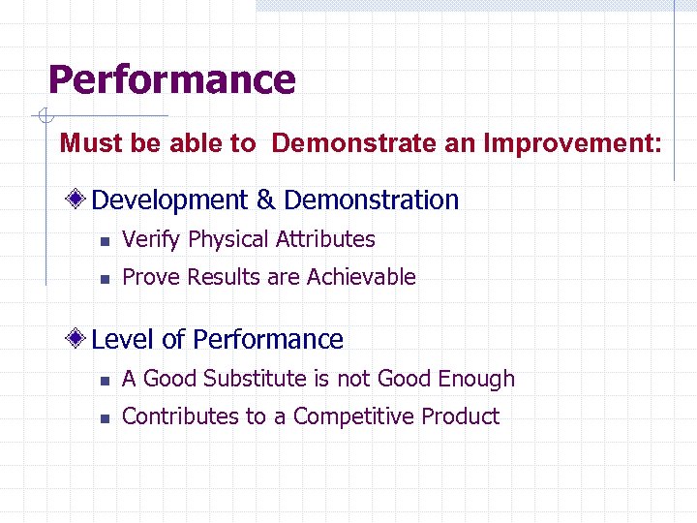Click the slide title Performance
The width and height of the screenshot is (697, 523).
(x=171, y=79)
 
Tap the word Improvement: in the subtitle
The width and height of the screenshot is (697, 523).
(x=573, y=144)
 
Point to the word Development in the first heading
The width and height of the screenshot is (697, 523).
(x=170, y=200)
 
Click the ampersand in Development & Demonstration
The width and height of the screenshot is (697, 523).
(x=266, y=200)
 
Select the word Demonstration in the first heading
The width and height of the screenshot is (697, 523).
(x=372, y=200)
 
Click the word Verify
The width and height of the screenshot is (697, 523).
(x=152, y=239)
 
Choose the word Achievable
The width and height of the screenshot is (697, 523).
(x=361, y=277)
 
